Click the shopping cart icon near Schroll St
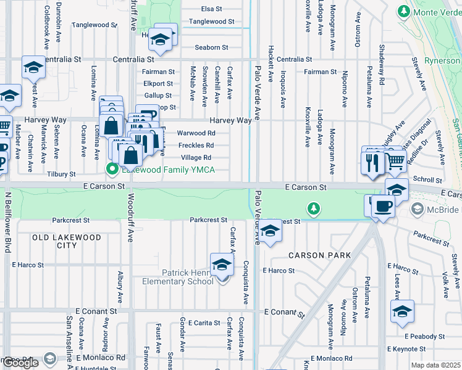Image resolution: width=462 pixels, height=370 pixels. [396, 162]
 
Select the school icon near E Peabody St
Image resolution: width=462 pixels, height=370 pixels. [402, 311]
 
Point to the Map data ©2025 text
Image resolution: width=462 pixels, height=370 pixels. [436, 365]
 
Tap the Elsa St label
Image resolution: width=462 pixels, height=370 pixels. [212, 9]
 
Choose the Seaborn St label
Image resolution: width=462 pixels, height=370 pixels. [211, 47]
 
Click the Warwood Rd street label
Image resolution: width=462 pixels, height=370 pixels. [196, 133]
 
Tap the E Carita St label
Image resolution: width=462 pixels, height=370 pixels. [204, 323]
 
